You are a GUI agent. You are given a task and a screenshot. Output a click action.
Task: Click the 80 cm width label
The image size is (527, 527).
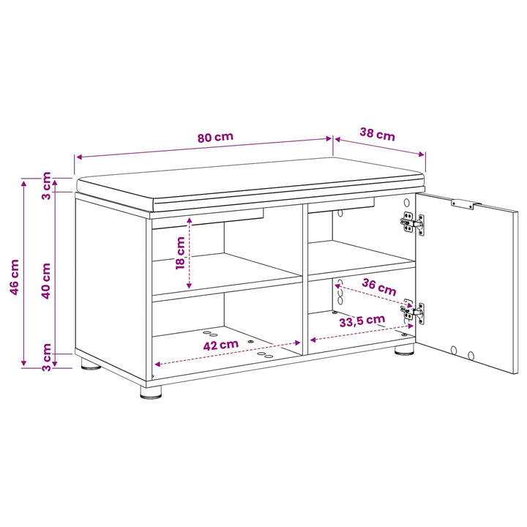pyautogui.click(x=215, y=137)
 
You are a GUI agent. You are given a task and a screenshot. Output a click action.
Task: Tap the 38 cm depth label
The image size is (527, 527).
pyautogui.click(x=378, y=134)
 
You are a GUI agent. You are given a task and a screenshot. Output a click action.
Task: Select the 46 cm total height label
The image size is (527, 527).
pyautogui.click(x=15, y=277)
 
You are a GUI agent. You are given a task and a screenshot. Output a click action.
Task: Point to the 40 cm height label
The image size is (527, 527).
pyautogui.click(x=45, y=281)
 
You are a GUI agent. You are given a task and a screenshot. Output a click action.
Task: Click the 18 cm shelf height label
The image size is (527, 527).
pyautogui.click(x=181, y=253)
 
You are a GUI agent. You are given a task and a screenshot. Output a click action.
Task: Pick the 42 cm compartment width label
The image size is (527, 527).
pyautogui.click(x=221, y=345)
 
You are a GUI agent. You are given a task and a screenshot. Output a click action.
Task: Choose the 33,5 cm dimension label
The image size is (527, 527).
pyautogui.click(x=362, y=321)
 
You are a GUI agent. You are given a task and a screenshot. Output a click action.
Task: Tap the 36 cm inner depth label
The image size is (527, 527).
pyautogui.click(x=379, y=287)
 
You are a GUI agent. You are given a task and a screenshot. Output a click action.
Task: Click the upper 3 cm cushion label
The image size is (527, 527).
pyautogui.click(x=46, y=186)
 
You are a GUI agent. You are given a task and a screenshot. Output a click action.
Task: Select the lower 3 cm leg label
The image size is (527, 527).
pyautogui.click(x=46, y=357)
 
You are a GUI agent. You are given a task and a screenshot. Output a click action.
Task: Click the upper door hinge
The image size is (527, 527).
pyautogui.click(x=413, y=223)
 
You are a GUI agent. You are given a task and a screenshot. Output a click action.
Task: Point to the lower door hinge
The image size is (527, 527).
pyautogui.click(x=413, y=312)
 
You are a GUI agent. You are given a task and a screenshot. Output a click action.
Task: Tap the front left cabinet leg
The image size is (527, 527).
pyautogui.click(x=151, y=392)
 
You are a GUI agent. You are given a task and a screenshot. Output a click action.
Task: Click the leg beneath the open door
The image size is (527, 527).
pyautogui.click(x=404, y=350)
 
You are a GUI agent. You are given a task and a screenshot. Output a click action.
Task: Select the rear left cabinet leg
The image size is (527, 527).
pyautogui.click(x=91, y=364)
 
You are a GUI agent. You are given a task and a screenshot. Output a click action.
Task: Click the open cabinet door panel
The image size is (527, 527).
pyautogui.click(x=467, y=283)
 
